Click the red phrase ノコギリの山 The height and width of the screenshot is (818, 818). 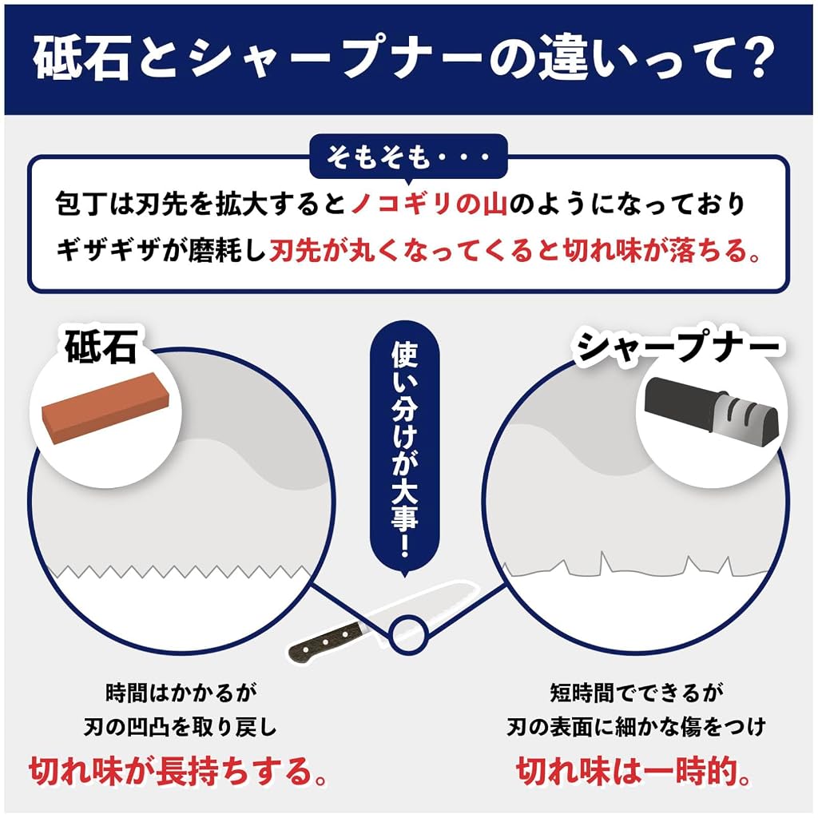[x=429, y=204]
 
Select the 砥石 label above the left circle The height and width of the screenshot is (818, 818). [x=101, y=346]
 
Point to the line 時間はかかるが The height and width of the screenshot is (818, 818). [x=181, y=693]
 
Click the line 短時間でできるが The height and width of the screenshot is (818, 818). [x=637, y=693]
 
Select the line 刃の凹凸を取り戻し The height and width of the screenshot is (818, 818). [x=180, y=727]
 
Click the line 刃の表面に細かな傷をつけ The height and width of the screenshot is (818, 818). [x=637, y=727]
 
